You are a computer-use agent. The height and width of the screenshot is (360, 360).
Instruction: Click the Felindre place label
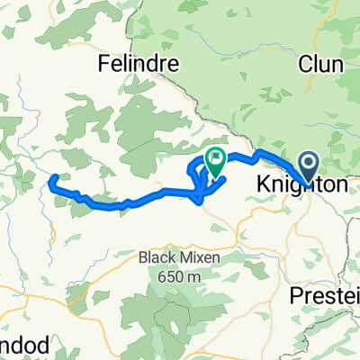coord(139,66)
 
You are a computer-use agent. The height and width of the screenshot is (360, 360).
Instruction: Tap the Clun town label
coord(317,63)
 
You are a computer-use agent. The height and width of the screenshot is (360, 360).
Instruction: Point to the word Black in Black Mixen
coord(157,257)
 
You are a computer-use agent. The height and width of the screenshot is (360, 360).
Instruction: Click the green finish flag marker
coord(216,161)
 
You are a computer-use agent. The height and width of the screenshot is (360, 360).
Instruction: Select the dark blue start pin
coord(308,165)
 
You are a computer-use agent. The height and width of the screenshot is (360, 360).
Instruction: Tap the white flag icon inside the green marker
coord(216,158)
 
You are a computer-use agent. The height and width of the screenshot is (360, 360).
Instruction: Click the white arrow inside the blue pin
coord(308,161)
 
